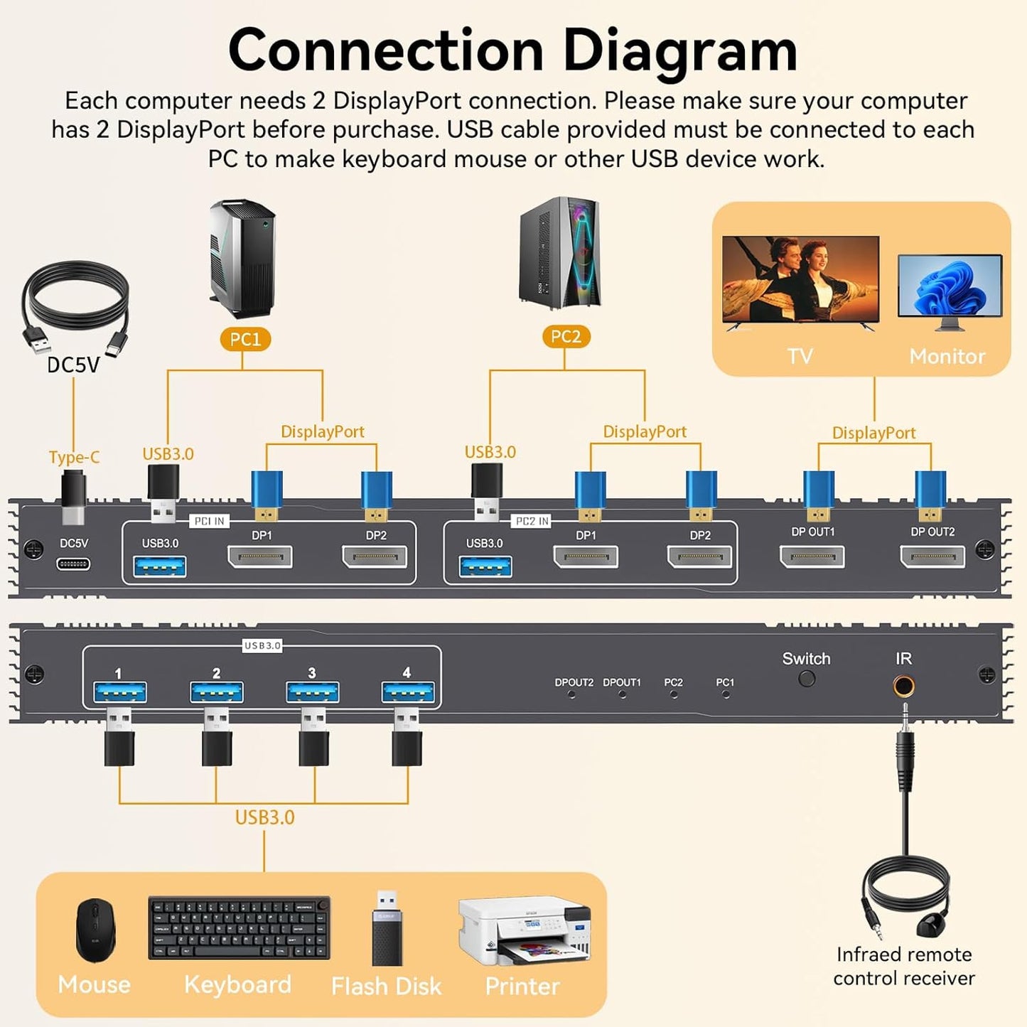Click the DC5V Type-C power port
point(73,564)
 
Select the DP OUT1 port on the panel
point(812,557)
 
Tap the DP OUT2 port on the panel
point(932,557)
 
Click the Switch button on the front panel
point(807,679)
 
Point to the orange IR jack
point(903,687)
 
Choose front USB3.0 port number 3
point(313,692)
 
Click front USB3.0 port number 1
point(120,692)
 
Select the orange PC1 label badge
point(245,340)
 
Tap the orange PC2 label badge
point(566,337)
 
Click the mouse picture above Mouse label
point(95,930)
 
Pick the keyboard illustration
point(239,927)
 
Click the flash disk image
point(387,927)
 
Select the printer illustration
point(524,930)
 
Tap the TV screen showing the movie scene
point(800,280)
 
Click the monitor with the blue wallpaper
point(950,286)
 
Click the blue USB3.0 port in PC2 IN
point(485,566)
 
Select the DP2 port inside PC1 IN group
point(375,557)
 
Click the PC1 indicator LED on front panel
point(725,694)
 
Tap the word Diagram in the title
point(679,51)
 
